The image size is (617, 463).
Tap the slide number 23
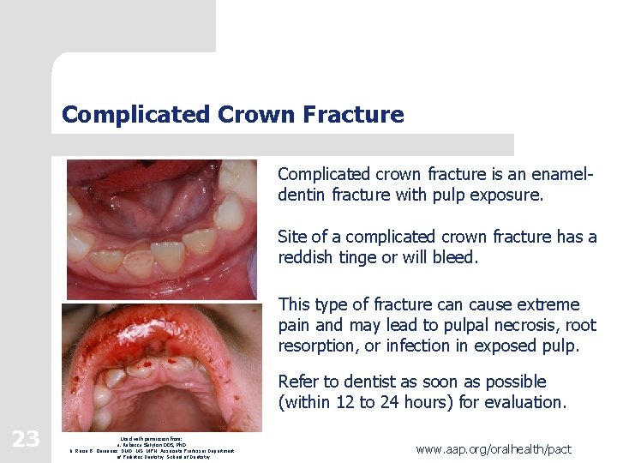[26, 439]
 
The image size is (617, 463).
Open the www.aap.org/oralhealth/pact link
[494, 448]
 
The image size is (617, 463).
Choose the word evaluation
[528, 402]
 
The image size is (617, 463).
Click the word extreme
[546, 304]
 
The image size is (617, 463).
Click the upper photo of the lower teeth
[161, 229]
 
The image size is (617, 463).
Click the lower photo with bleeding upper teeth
[161, 366]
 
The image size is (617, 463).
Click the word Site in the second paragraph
[292, 237]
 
